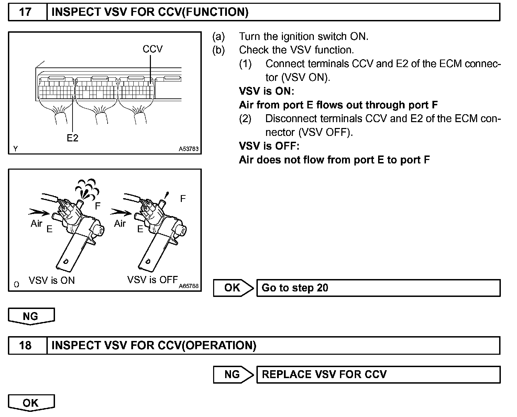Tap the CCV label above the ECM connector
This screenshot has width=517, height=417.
(152, 49)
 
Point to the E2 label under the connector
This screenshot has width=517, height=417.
(73, 138)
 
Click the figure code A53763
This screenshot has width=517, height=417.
(188, 149)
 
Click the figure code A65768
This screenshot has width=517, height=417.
(189, 286)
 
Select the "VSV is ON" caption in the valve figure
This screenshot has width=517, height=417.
(52, 280)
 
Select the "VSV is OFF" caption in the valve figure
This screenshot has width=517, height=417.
(152, 280)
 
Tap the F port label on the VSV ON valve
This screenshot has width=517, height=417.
(98, 206)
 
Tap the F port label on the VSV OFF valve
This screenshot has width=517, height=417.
(183, 199)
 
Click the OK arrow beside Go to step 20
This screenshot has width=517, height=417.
(233, 288)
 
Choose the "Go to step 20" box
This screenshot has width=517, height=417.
(378, 288)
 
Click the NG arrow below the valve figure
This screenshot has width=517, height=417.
(31, 316)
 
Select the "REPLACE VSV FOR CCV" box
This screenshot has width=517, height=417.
(378, 374)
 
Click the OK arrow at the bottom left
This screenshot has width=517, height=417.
(31, 403)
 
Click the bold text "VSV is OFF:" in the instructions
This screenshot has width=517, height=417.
(269, 146)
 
